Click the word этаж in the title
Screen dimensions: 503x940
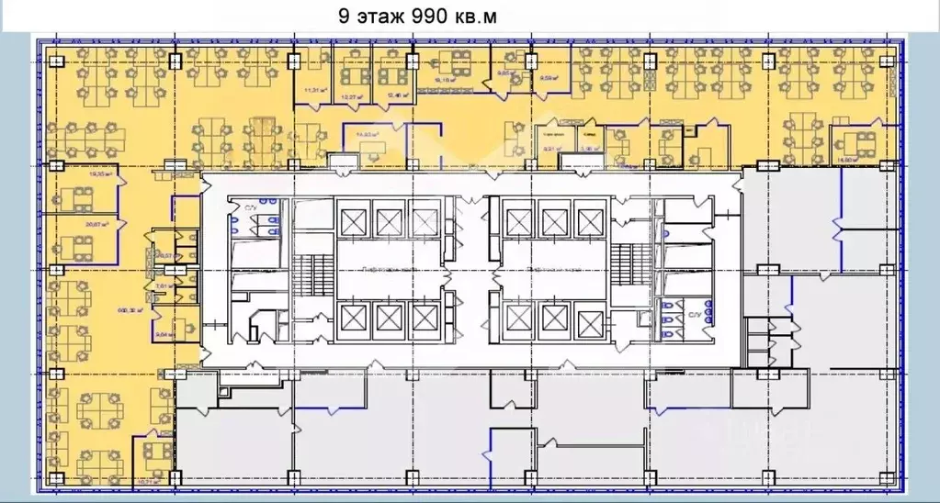[x=378, y=16]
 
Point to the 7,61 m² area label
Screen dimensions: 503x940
[x=164, y=287]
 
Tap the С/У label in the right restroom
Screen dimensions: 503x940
[x=696, y=314]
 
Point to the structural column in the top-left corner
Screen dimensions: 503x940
[x=55, y=61]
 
